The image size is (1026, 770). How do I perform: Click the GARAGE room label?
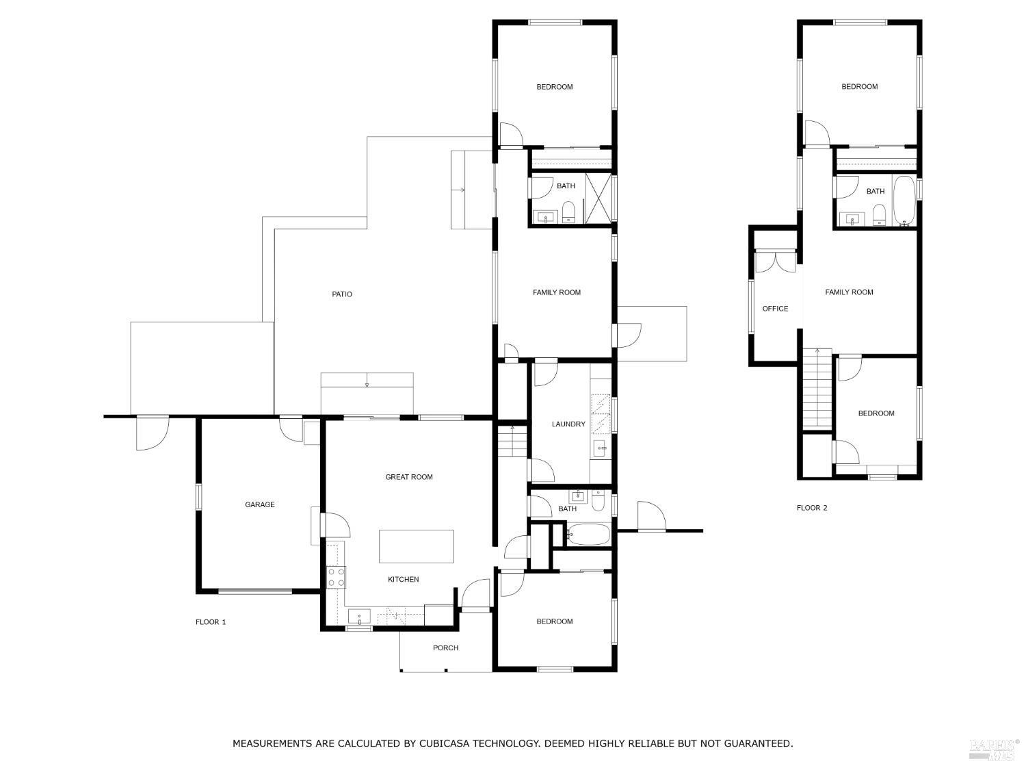pos(260,504)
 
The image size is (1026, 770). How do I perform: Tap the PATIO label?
pos(342,294)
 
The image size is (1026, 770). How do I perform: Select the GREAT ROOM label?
pos(409,477)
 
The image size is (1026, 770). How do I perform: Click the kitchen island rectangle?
pos(417,546)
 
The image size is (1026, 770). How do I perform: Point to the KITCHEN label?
pos(404,580)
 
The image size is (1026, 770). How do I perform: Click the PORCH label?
pos(445,647)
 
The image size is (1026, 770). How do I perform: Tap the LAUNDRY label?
pos(568,424)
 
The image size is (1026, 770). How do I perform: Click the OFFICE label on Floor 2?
pos(775,309)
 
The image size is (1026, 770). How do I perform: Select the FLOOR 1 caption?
pos(211,622)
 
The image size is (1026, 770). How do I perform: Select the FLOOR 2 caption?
pos(812,508)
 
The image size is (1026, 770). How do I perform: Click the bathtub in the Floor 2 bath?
pos(904,201)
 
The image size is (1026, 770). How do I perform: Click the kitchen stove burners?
pos(336,577)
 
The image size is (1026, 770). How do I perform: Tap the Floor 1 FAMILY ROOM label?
pos(557,292)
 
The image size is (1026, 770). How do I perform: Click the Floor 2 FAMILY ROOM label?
pos(849,292)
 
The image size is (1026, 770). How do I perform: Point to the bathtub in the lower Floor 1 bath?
pos(588,534)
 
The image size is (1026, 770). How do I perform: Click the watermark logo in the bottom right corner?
pos(994,749)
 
